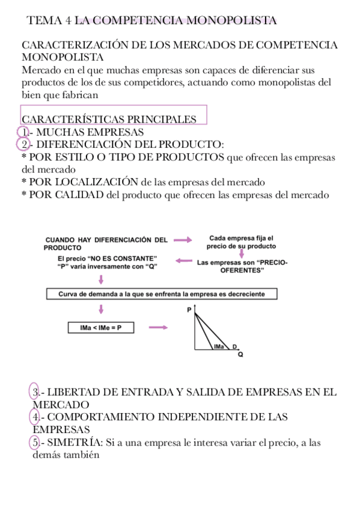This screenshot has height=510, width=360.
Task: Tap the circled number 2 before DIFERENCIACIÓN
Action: coord(22,144)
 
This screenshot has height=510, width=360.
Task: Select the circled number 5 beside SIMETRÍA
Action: coord(36,443)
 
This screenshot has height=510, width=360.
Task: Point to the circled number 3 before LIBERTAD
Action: coord(35,392)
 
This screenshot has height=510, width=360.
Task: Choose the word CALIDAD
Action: coord(73,194)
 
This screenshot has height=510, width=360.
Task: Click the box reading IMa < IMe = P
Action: coord(100,328)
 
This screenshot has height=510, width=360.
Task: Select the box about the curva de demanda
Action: coord(163,294)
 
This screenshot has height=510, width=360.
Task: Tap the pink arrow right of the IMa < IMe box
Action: coord(158,327)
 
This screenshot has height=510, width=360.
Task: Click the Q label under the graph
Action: coord(240,355)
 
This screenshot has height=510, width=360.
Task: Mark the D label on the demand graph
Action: coord(235,346)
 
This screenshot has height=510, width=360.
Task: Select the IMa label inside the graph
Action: coord(218,346)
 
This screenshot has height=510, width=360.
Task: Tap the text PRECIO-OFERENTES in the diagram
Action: coord(242,266)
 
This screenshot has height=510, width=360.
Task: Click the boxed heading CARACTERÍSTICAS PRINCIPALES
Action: coord(109,119)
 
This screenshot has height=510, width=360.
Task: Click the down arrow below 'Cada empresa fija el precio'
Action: coord(241,254)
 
